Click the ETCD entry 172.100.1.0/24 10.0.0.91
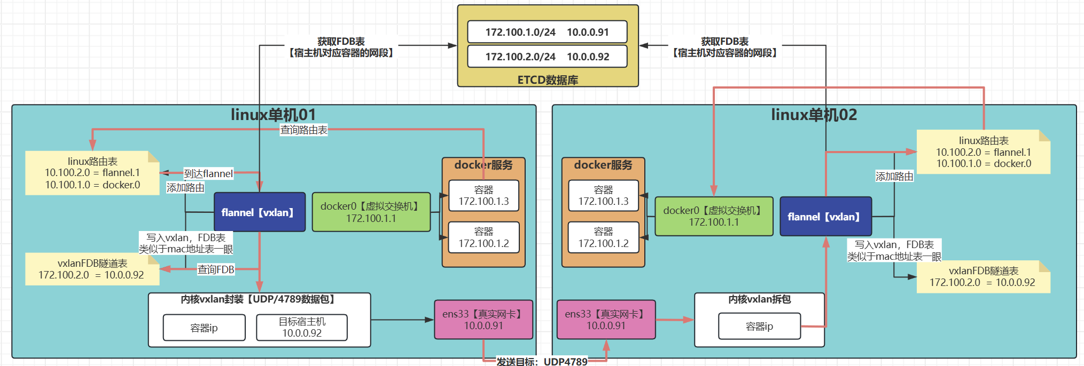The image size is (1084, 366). [547, 32]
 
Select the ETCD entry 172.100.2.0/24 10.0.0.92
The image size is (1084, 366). [547, 57]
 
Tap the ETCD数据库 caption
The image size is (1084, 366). [548, 80]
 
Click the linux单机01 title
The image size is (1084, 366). [273, 115]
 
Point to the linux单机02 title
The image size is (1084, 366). [814, 115]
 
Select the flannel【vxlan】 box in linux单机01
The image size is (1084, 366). [260, 212]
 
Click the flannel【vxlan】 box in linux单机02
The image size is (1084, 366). [825, 216]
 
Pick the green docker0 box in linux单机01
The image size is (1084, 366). [371, 212]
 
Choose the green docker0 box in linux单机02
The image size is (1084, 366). [714, 216]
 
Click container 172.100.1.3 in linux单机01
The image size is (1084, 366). [483, 196]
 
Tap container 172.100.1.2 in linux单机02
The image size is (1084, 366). [603, 237]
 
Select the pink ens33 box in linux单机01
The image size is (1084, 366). [483, 320]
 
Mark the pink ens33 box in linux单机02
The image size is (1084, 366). [606, 320]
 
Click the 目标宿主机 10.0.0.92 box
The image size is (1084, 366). [302, 327]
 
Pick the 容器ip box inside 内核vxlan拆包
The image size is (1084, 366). [759, 326]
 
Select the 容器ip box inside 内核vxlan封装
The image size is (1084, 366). [204, 327]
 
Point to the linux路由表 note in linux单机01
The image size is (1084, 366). [92, 173]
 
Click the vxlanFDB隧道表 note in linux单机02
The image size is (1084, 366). [983, 276]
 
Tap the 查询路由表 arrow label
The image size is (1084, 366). [303, 130]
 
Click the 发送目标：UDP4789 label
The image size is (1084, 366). [542, 361]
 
